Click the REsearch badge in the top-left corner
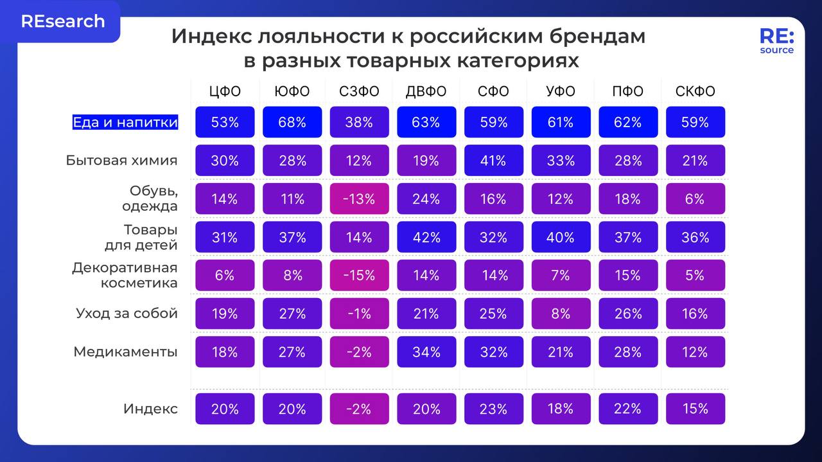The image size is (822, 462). coord(62,21)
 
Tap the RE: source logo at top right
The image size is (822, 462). coord(776,41)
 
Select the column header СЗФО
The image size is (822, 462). coord(359,91)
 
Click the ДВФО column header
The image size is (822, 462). coord(426,91)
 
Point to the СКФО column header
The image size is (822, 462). coord(695,91)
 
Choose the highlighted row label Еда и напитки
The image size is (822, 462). coord(125,122)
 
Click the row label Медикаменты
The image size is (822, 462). coord(125,352)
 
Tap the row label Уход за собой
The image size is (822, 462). coord(127,314)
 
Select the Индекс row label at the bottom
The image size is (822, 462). coord(150,409)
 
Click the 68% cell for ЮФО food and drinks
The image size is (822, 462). coord(292,122)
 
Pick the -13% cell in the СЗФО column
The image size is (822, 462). coord(359,199)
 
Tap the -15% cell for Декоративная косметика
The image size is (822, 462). coord(359,275)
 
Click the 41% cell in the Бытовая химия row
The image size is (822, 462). coord(493,161)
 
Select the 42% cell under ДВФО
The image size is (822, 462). coord(426,237)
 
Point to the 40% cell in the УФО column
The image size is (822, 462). coord(561,237)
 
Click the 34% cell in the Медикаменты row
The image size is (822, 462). coord(426,352)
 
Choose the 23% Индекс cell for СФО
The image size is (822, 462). coord(493,409)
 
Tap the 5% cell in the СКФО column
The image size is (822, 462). coord(695,275)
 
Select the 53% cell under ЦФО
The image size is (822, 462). coord(225,122)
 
